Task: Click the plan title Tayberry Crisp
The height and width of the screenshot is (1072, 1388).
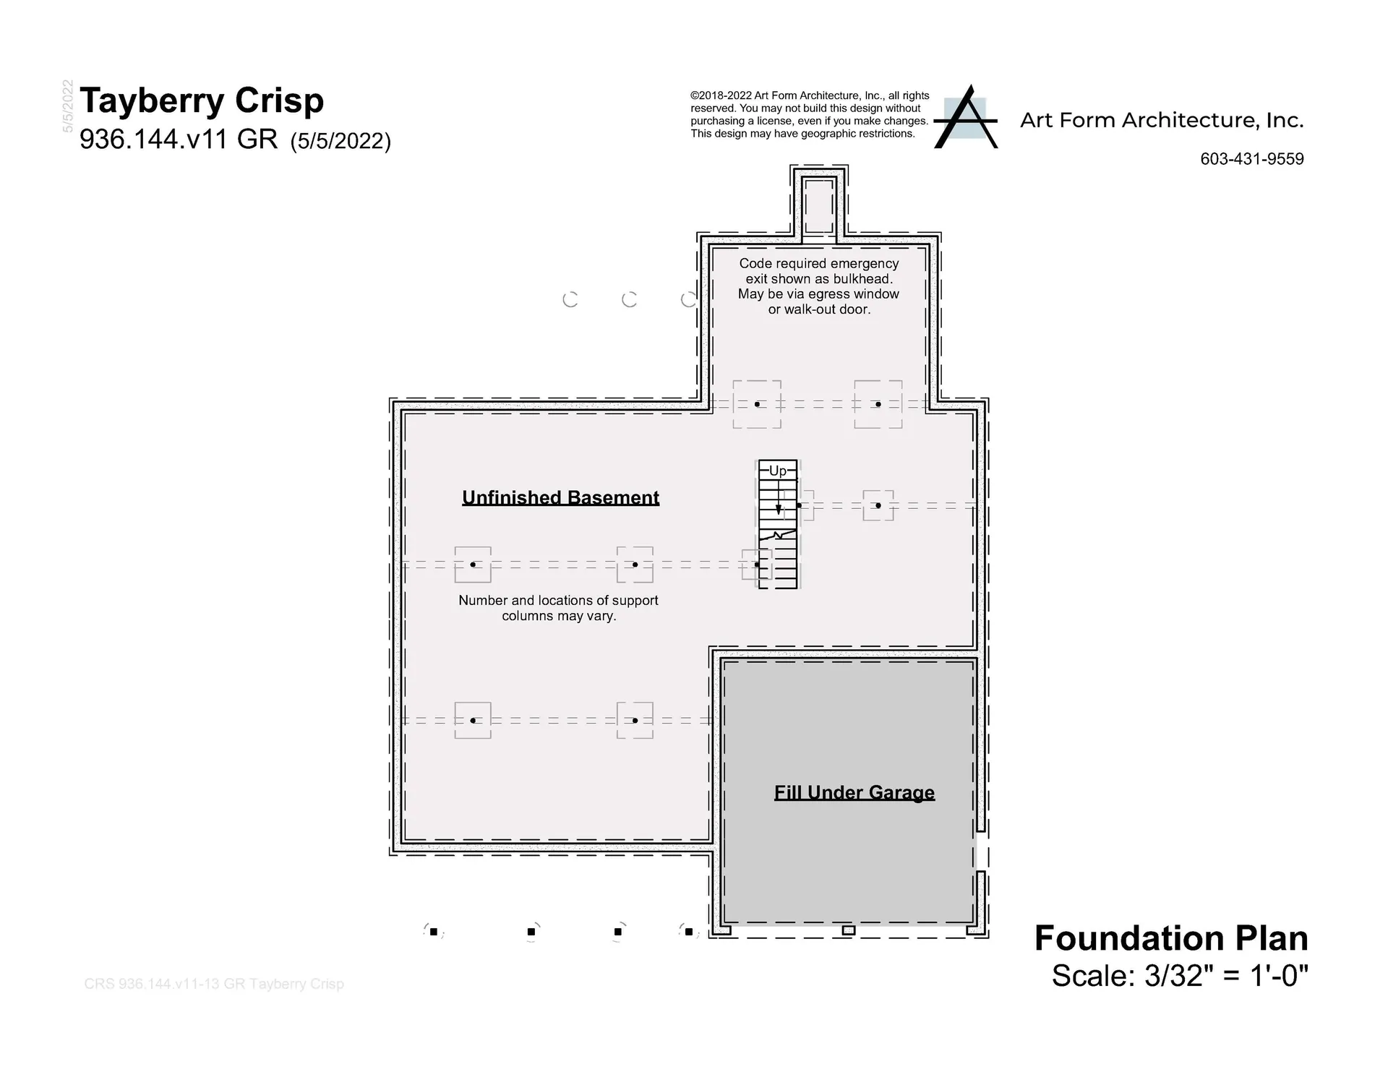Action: [x=202, y=101]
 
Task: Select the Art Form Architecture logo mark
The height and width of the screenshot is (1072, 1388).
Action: [x=966, y=117]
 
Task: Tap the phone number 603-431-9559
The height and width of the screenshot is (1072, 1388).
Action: [x=1252, y=159]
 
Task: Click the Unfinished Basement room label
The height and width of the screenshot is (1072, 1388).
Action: [x=561, y=497]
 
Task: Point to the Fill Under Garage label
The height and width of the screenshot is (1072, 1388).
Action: [x=854, y=793]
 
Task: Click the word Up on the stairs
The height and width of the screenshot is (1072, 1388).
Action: [x=778, y=471]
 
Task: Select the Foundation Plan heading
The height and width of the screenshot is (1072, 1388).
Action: [x=1171, y=938]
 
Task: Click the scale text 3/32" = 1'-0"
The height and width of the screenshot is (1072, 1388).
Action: [x=1227, y=976]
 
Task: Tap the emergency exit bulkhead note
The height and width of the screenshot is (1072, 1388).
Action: [x=819, y=286]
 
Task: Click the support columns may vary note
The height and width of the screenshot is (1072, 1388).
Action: [x=559, y=608]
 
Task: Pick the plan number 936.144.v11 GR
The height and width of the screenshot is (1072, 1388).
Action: [x=179, y=139]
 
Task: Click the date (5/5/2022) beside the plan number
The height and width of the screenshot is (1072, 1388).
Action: [x=340, y=141]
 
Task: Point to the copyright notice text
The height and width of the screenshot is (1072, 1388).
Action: [x=810, y=114]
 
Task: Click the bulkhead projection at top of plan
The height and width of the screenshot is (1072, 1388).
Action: [x=819, y=205]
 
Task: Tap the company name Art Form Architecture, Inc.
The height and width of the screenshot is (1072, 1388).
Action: [x=1162, y=120]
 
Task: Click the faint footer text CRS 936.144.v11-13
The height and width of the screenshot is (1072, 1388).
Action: [x=214, y=984]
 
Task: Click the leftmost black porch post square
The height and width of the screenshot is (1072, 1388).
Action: [x=434, y=932]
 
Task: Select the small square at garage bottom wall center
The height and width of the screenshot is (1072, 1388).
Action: [x=849, y=930]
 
